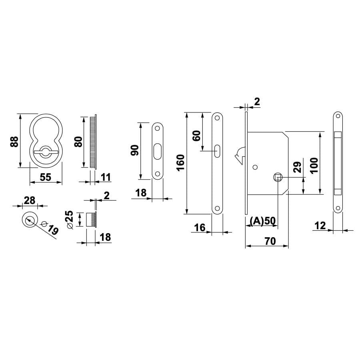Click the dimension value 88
point(14,142)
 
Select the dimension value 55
point(46,177)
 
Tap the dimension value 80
point(78,142)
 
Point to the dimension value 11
point(106,177)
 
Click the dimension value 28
point(30,200)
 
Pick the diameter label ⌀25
point(70,220)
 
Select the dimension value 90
point(134,150)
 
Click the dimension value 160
point(181,162)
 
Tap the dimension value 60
point(197,136)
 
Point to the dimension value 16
point(200,228)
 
